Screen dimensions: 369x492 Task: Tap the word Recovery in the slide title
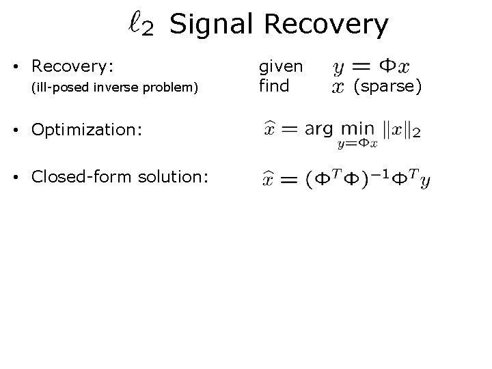point(325,25)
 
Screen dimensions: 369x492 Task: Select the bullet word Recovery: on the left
point(72,66)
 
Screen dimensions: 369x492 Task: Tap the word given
point(280,66)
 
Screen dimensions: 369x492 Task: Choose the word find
point(273,87)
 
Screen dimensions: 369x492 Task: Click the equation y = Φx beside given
point(372,67)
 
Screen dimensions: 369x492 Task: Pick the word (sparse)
point(387,87)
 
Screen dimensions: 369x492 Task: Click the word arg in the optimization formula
point(319,128)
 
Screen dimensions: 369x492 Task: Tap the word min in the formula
point(357,128)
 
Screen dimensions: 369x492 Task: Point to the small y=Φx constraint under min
point(357,143)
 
